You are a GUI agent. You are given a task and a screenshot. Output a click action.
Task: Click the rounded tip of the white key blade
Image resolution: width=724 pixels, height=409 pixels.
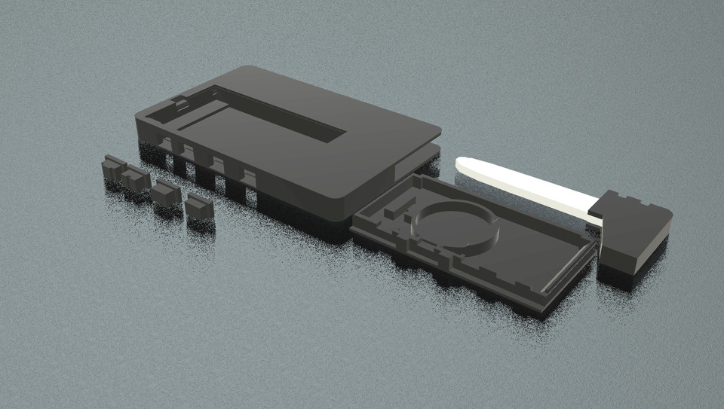(x=462, y=163)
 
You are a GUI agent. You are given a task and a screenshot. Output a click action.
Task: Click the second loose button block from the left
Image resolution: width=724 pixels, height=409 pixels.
(x=135, y=179)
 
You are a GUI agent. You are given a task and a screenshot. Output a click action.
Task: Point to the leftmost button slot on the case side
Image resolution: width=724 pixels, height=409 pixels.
(x=164, y=143)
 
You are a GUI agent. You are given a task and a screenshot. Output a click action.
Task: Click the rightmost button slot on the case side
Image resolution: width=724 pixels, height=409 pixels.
(x=247, y=176)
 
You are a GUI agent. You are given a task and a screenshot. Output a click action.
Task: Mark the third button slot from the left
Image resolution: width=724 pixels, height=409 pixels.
(x=217, y=164)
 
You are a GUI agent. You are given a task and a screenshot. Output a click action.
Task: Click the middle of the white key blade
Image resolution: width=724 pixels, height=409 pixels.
(x=528, y=185)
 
